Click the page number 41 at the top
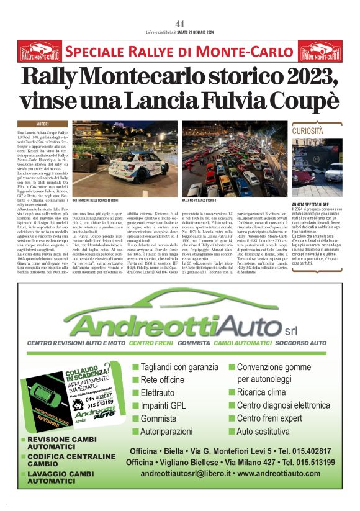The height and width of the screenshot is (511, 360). (x=180, y=24)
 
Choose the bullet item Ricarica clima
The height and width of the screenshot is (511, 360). (x=268, y=392)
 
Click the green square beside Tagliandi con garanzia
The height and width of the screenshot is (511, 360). (x=135, y=367)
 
